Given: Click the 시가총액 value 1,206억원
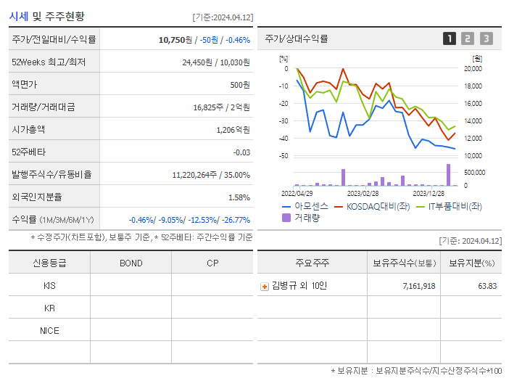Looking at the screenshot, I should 233,130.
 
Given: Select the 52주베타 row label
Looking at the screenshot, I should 28,152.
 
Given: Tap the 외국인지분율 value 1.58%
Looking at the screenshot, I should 239,197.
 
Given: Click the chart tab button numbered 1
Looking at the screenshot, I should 450,39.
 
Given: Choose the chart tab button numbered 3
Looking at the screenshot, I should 486,39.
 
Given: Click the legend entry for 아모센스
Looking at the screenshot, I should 305,206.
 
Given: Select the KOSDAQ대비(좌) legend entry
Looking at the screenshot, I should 371,206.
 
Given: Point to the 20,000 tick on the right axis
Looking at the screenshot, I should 473,69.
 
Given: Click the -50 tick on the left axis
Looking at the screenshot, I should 284,156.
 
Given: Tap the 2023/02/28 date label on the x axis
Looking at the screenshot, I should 363,193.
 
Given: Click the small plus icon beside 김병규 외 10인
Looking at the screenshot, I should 265,287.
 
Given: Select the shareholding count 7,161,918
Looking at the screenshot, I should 418,287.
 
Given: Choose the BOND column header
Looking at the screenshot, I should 131,263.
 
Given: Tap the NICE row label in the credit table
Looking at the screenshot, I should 49,331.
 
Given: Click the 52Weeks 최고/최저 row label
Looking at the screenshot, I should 49,62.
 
